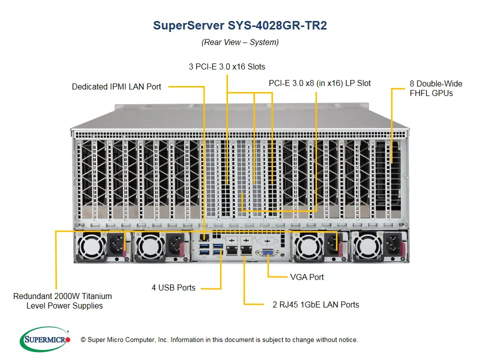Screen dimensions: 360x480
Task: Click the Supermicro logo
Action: (x=45, y=339)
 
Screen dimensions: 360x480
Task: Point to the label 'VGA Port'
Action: (x=306, y=277)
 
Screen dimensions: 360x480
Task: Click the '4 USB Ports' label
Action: (x=173, y=287)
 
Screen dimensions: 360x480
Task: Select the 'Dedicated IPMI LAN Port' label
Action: (x=116, y=86)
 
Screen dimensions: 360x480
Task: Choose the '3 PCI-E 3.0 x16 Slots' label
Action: (x=227, y=66)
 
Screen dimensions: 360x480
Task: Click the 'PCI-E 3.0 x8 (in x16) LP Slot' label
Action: (x=319, y=83)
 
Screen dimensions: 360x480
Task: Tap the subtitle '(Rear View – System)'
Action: (x=240, y=42)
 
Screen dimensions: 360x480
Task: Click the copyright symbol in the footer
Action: (x=83, y=340)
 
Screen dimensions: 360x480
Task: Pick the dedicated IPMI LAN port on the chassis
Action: (x=205, y=235)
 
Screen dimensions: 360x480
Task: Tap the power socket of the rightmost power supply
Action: (x=393, y=245)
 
